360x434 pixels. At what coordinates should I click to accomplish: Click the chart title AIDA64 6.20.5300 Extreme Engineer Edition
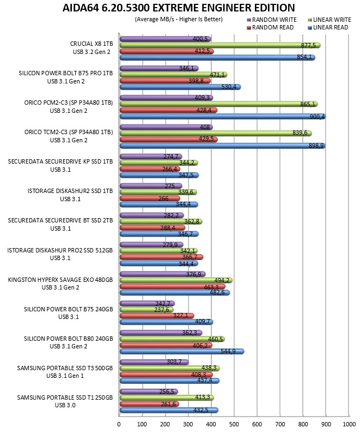[x=179, y=8]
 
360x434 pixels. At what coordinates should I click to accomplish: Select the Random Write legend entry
[x=272, y=20]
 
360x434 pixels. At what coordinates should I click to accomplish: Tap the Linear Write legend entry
[x=330, y=20]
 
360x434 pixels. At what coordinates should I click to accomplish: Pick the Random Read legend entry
[x=270, y=27]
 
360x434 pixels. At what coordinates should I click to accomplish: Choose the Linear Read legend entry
[x=328, y=27]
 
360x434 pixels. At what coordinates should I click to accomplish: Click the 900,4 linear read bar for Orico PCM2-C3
[x=223, y=117]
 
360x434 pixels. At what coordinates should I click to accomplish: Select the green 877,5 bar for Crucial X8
[x=220, y=45]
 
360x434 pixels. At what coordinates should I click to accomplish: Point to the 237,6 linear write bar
[x=147, y=310]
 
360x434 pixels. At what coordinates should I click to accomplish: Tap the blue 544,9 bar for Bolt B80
[x=182, y=351]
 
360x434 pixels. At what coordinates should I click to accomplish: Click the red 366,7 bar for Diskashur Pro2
[x=161, y=257]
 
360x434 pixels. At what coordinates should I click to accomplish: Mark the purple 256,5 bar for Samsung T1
[x=149, y=391]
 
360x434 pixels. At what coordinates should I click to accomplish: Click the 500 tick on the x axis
[x=234, y=424]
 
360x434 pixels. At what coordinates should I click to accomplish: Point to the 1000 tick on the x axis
[x=349, y=424]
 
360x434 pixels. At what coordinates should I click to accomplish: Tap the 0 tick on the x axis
[x=119, y=424]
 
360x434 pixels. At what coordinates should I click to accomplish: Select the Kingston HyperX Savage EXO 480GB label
[x=60, y=284]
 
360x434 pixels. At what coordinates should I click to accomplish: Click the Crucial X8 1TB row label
[x=91, y=47]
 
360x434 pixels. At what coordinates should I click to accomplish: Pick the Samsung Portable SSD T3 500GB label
[x=65, y=372]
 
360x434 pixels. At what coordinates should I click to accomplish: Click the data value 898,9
[x=316, y=146]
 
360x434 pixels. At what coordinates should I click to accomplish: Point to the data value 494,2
[x=222, y=280]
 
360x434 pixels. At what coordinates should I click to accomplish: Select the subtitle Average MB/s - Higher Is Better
[x=179, y=20]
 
